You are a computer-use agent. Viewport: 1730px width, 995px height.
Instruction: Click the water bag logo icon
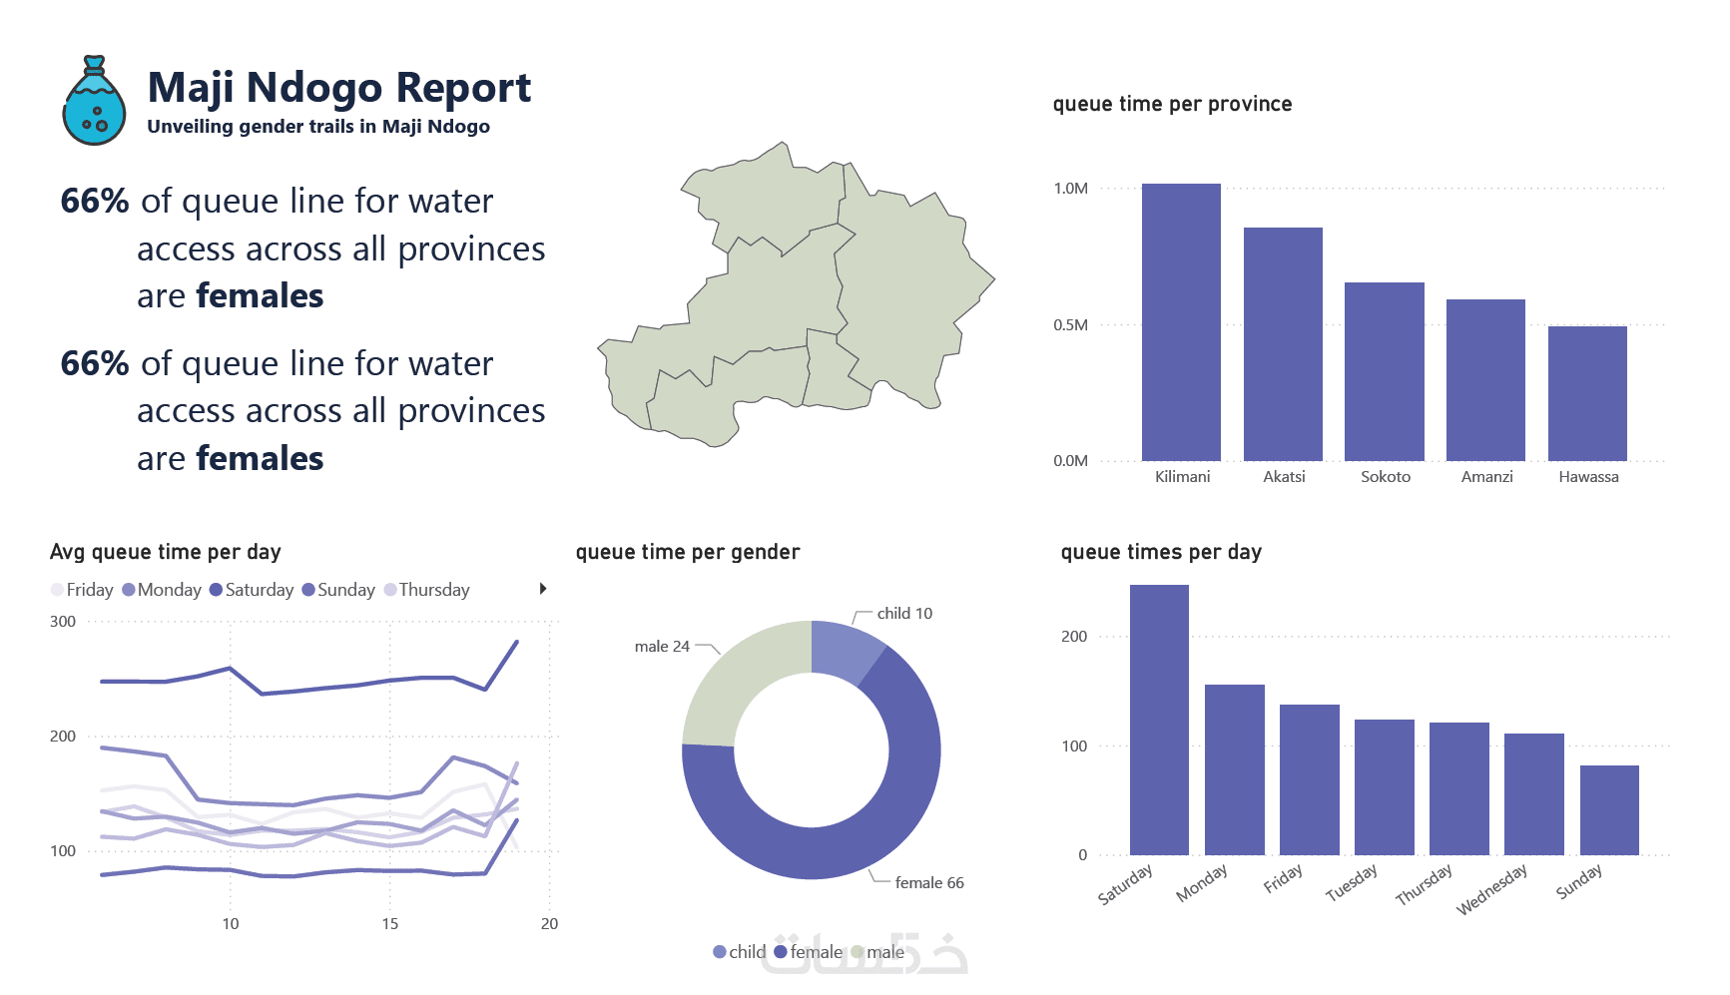click(x=94, y=102)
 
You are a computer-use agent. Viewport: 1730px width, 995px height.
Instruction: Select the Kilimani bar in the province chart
click(x=1181, y=321)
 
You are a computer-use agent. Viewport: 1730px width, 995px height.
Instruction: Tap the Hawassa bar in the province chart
click(x=1587, y=393)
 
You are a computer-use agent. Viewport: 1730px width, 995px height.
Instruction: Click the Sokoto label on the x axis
click(x=1386, y=477)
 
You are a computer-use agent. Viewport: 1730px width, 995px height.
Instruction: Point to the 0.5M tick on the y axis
click(x=1070, y=325)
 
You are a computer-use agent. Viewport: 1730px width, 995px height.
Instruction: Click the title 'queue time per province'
click(x=1172, y=104)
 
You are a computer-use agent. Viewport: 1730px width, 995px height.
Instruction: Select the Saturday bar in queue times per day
click(x=1159, y=719)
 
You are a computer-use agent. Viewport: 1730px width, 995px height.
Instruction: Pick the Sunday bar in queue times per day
click(x=1609, y=809)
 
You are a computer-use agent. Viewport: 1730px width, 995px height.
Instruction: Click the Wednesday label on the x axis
click(x=1491, y=889)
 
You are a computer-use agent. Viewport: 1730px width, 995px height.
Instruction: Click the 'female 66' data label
click(x=928, y=883)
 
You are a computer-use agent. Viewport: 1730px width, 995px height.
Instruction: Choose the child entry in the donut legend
click(x=740, y=952)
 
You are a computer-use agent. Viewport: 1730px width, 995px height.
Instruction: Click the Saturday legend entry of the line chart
click(x=253, y=590)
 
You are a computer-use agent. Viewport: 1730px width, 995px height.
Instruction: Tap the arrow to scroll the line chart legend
click(x=543, y=589)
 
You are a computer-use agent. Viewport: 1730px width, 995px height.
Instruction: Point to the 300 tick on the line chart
click(x=63, y=622)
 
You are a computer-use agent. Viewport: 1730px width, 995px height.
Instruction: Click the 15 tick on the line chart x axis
click(x=390, y=924)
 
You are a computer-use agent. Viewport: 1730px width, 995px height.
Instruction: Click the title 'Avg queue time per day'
click(x=166, y=552)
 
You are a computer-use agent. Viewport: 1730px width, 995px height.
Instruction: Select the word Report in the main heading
click(x=463, y=88)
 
